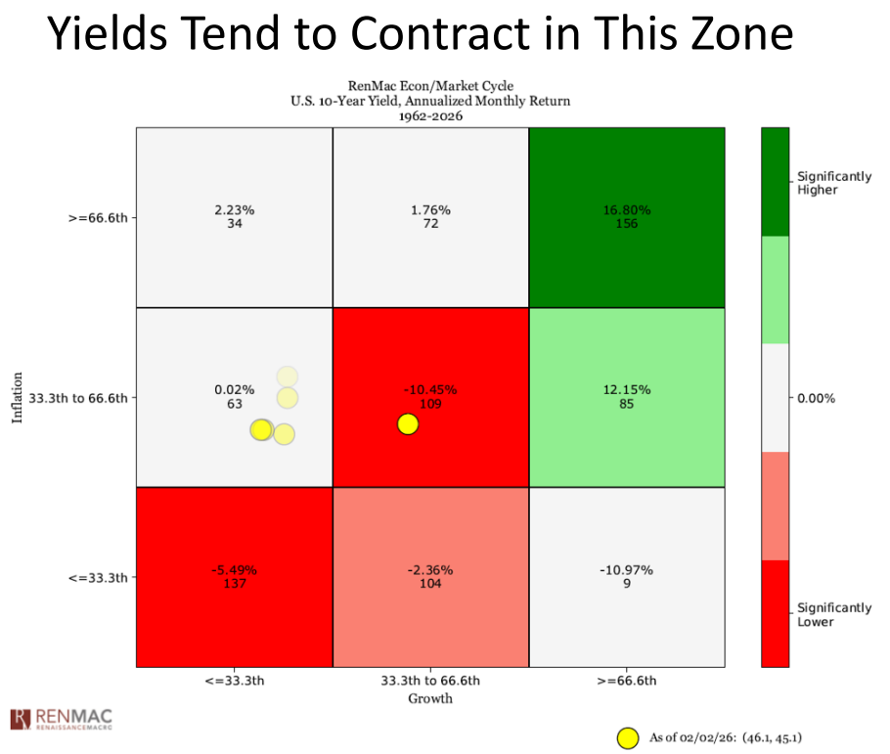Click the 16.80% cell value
coord(627,210)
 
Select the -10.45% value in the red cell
coord(429,389)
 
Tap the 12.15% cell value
coord(627,389)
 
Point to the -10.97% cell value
coord(627,569)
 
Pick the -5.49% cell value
coord(234,569)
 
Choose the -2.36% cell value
coord(429,569)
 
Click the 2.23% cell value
coord(234,210)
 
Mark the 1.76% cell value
coord(429,210)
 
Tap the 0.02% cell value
coord(234,389)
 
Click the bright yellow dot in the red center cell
coord(408,423)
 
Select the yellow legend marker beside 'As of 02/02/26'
coord(628,737)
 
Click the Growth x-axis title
coord(429,698)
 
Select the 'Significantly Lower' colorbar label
coord(833,614)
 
